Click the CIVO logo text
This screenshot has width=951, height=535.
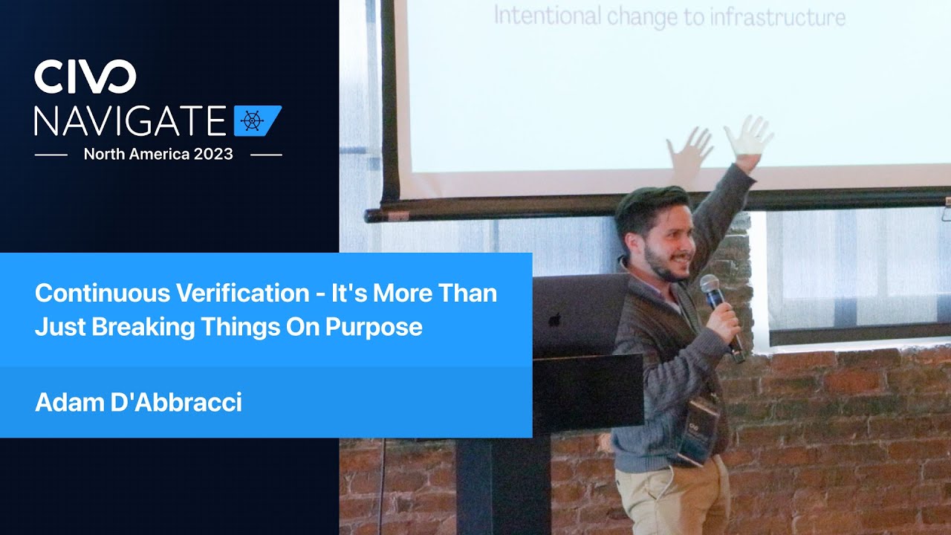click(x=85, y=77)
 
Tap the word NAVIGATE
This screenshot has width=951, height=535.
click(x=130, y=121)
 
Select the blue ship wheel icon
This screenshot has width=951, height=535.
click(x=253, y=121)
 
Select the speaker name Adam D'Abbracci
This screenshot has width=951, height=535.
click(x=138, y=403)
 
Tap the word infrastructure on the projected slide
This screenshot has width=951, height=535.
click(x=765, y=16)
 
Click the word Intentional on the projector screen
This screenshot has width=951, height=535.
click(x=547, y=16)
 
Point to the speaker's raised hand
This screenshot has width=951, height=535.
click(x=749, y=138)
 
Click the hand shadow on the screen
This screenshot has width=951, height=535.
click(x=689, y=152)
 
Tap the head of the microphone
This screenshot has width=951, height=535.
click(x=710, y=285)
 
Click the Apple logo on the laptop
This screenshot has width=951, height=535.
click(x=554, y=320)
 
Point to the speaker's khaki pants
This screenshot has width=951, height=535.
click(x=673, y=498)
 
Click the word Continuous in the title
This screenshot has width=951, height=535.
click(x=103, y=294)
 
